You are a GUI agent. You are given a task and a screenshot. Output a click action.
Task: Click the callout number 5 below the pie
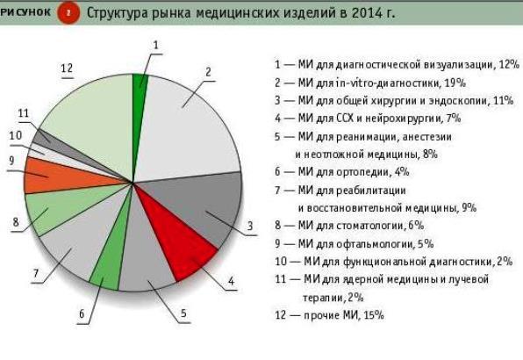[183, 313]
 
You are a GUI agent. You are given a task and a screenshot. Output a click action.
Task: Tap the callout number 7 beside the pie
[36, 274]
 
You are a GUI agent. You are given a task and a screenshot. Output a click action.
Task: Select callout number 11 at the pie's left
[24, 113]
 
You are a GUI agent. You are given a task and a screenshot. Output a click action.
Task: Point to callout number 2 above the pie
[209, 72]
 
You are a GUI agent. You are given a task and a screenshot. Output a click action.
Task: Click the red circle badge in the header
[68, 12]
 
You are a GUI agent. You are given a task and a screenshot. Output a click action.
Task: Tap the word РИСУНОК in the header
[25, 12]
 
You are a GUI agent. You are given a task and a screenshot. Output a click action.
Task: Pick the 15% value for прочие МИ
[374, 315]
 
